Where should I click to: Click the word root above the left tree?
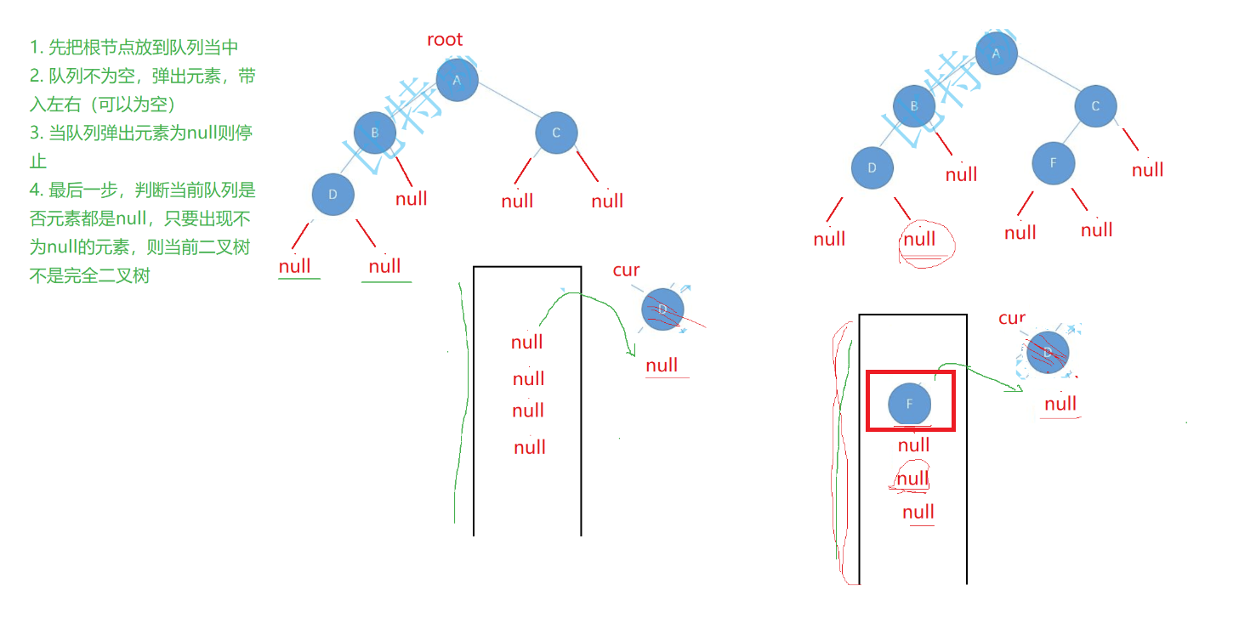445,39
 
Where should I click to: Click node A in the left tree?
458,80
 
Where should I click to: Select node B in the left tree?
375,133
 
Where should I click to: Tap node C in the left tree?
557,133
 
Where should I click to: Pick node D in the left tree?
332,195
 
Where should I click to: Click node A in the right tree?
997,54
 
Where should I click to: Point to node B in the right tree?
914,106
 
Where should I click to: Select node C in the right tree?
1095,106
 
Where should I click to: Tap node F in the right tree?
1054,163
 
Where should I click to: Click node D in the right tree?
872,168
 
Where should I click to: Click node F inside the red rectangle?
909,404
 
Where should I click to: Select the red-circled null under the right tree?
920,240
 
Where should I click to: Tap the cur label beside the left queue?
626,270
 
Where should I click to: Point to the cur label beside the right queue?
1012,319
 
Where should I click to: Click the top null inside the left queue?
527,343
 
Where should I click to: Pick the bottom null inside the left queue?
530,448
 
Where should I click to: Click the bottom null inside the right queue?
918,513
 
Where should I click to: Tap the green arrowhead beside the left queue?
630,351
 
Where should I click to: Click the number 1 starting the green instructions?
34,48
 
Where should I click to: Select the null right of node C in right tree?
1147,170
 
